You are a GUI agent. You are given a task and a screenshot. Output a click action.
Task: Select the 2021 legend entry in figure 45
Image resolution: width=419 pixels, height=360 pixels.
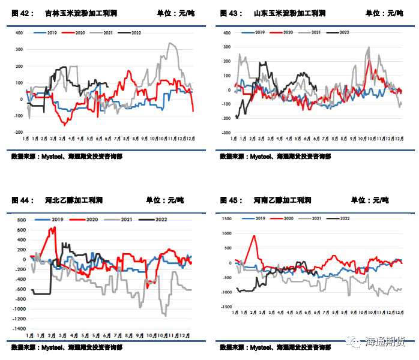(x=317, y=218)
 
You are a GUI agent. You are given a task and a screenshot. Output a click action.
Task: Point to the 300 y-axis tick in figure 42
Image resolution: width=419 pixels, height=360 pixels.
(x=19, y=49)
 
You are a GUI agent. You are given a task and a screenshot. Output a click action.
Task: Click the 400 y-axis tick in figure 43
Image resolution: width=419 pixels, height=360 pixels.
(x=228, y=33)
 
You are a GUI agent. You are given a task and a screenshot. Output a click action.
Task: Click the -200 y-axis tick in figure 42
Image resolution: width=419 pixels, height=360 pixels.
(x=19, y=132)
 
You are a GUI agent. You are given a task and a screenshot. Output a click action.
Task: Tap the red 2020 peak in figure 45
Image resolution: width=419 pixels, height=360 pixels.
(x=253, y=236)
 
